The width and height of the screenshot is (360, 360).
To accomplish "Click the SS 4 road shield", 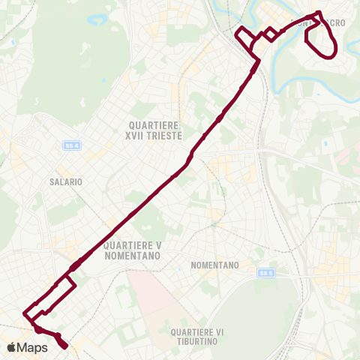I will (71, 145).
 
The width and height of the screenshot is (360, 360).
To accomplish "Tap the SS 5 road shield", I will (263, 273).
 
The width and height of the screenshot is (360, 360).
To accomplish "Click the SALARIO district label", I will (65, 181).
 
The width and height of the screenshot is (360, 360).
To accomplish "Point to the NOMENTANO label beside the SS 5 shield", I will (214, 265).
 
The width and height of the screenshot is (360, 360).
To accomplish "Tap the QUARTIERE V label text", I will (133, 245).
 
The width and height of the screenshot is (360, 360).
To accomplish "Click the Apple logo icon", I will (12, 347).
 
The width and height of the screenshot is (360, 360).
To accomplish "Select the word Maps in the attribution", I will (33, 347).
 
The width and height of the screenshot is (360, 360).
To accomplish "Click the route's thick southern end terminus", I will (64, 345).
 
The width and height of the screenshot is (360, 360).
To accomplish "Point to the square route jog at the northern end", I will (245, 37).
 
